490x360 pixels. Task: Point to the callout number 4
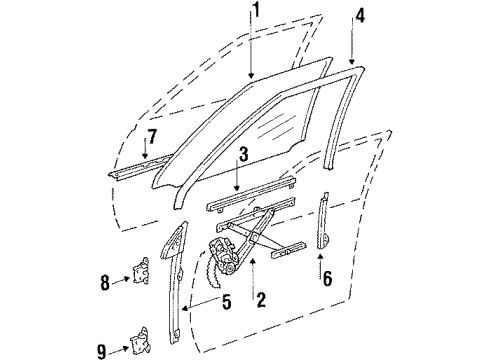click(x=360, y=16)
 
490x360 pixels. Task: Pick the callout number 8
click(x=107, y=282)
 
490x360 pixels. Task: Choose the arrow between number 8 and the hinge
click(x=123, y=283)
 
